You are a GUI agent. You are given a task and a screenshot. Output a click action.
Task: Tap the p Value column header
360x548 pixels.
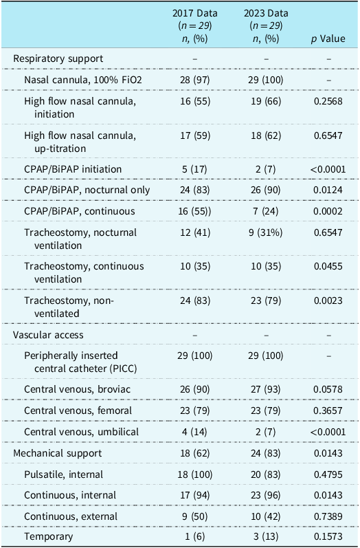(328, 39)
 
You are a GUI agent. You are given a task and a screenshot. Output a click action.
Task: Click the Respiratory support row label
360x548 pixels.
(58, 58)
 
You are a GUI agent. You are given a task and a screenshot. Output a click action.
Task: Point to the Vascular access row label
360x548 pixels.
(48, 335)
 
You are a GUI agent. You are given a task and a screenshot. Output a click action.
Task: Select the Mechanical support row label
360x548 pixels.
(58, 453)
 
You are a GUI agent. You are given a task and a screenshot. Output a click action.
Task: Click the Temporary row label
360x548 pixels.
(49, 536)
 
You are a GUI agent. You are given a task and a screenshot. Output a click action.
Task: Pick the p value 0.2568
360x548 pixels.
(328, 101)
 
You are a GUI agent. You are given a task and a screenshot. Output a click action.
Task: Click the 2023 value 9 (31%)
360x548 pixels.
(266, 232)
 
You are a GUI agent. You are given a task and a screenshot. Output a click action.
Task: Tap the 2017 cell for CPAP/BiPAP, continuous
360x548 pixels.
(196, 211)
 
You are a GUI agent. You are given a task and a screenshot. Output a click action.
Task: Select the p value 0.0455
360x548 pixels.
(328, 266)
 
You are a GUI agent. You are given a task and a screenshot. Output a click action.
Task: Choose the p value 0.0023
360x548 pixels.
(328, 300)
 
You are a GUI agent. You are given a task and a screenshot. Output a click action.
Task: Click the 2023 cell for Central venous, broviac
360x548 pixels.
(266, 389)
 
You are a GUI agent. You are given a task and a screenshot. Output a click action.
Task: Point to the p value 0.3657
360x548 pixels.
(328, 410)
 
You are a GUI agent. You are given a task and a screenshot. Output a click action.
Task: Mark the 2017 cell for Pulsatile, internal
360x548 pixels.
(196, 474)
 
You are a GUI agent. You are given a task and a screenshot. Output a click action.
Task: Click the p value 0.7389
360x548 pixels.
(328, 516)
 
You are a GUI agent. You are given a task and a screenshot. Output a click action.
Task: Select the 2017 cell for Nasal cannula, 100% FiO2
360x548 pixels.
(195, 80)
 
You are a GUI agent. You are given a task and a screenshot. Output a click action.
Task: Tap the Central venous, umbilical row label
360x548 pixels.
(81, 432)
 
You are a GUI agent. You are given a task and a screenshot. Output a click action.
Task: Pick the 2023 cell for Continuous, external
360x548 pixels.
(266, 516)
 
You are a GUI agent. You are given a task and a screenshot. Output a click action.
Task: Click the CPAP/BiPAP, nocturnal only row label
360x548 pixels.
(87, 190)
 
